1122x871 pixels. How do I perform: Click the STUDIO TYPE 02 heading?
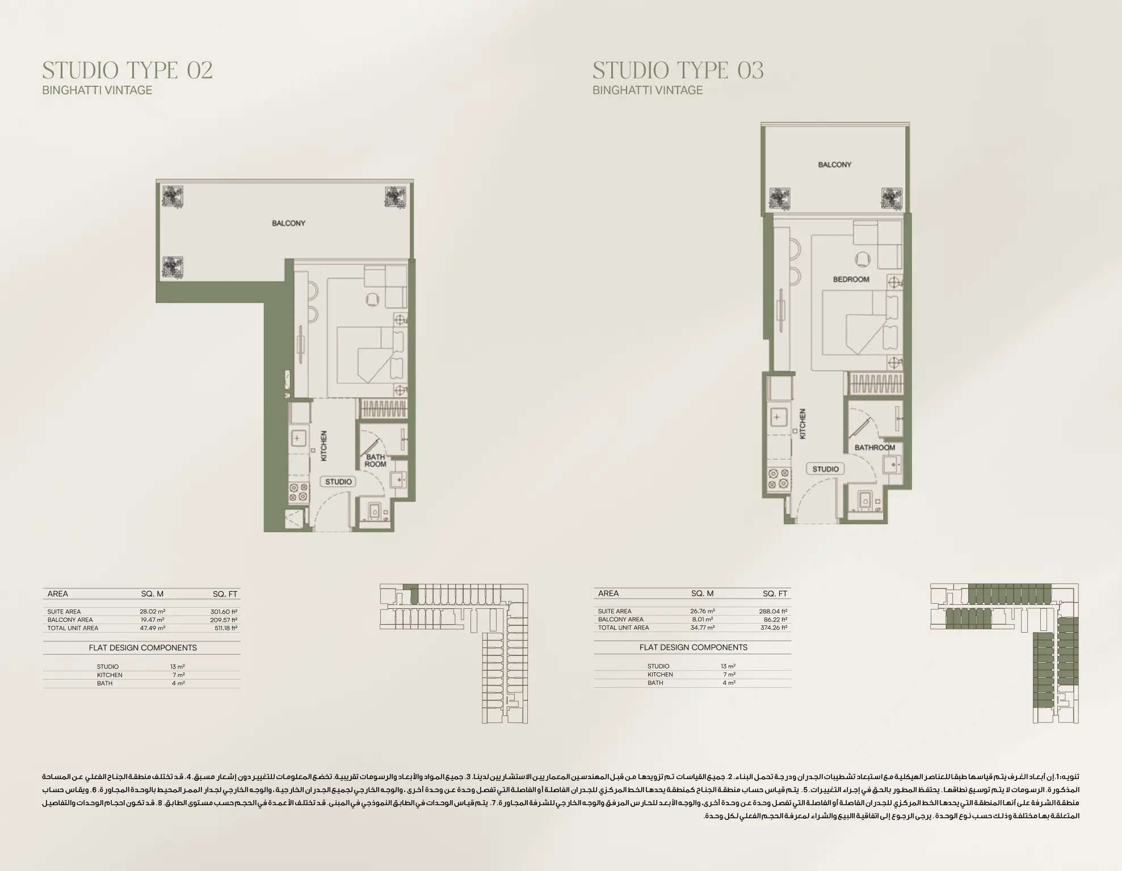(127, 70)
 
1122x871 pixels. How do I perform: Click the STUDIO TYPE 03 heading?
(678, 70)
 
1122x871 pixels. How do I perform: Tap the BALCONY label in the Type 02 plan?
(288, 223)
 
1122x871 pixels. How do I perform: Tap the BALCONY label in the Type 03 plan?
(834, 165)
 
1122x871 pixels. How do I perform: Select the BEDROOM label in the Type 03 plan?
(851, 279)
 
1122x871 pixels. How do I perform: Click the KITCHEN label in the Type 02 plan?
(324, 445)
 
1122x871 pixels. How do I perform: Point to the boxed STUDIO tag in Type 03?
(825, 469)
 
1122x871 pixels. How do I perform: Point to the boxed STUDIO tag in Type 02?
(338, 482)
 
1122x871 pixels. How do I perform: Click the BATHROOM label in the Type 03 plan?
(875, 448)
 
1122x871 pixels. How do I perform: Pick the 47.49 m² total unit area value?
(152, 628)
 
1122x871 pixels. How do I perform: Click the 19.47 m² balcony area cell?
(152, 620)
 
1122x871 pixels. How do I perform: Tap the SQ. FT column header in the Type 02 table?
(225, 594)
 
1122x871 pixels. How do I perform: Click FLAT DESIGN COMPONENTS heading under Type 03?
(693, 647)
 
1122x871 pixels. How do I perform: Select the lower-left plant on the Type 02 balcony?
(172, 266)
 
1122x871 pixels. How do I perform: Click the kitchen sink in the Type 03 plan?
(776, 418)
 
